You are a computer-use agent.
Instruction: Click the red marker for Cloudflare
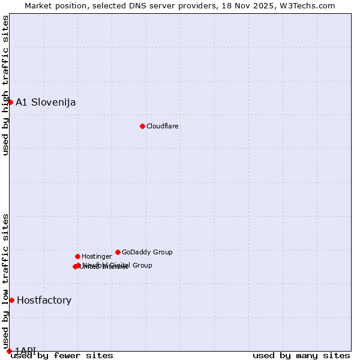click(142, 126)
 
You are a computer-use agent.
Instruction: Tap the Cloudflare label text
click(163, 126)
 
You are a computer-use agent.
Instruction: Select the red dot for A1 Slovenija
click(10, 102)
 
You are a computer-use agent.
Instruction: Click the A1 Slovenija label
click(46, 102)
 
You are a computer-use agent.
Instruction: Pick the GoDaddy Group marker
click(118, 252)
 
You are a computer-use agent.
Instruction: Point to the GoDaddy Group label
click(147, 252)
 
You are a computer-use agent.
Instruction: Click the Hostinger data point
click(77, 256)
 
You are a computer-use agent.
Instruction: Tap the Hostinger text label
click(97, 256)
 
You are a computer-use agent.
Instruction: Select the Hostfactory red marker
click(11, 300)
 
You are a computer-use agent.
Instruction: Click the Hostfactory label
click(44, 300)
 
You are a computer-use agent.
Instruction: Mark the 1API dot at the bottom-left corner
click(9, 351)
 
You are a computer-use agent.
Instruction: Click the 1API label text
click(25, 350)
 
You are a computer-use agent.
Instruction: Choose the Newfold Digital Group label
click(118, 265)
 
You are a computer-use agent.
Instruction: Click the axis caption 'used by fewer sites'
click(62, 356)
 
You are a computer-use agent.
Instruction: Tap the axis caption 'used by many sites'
click(301, 356)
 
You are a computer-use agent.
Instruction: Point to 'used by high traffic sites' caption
click(5, 85)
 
